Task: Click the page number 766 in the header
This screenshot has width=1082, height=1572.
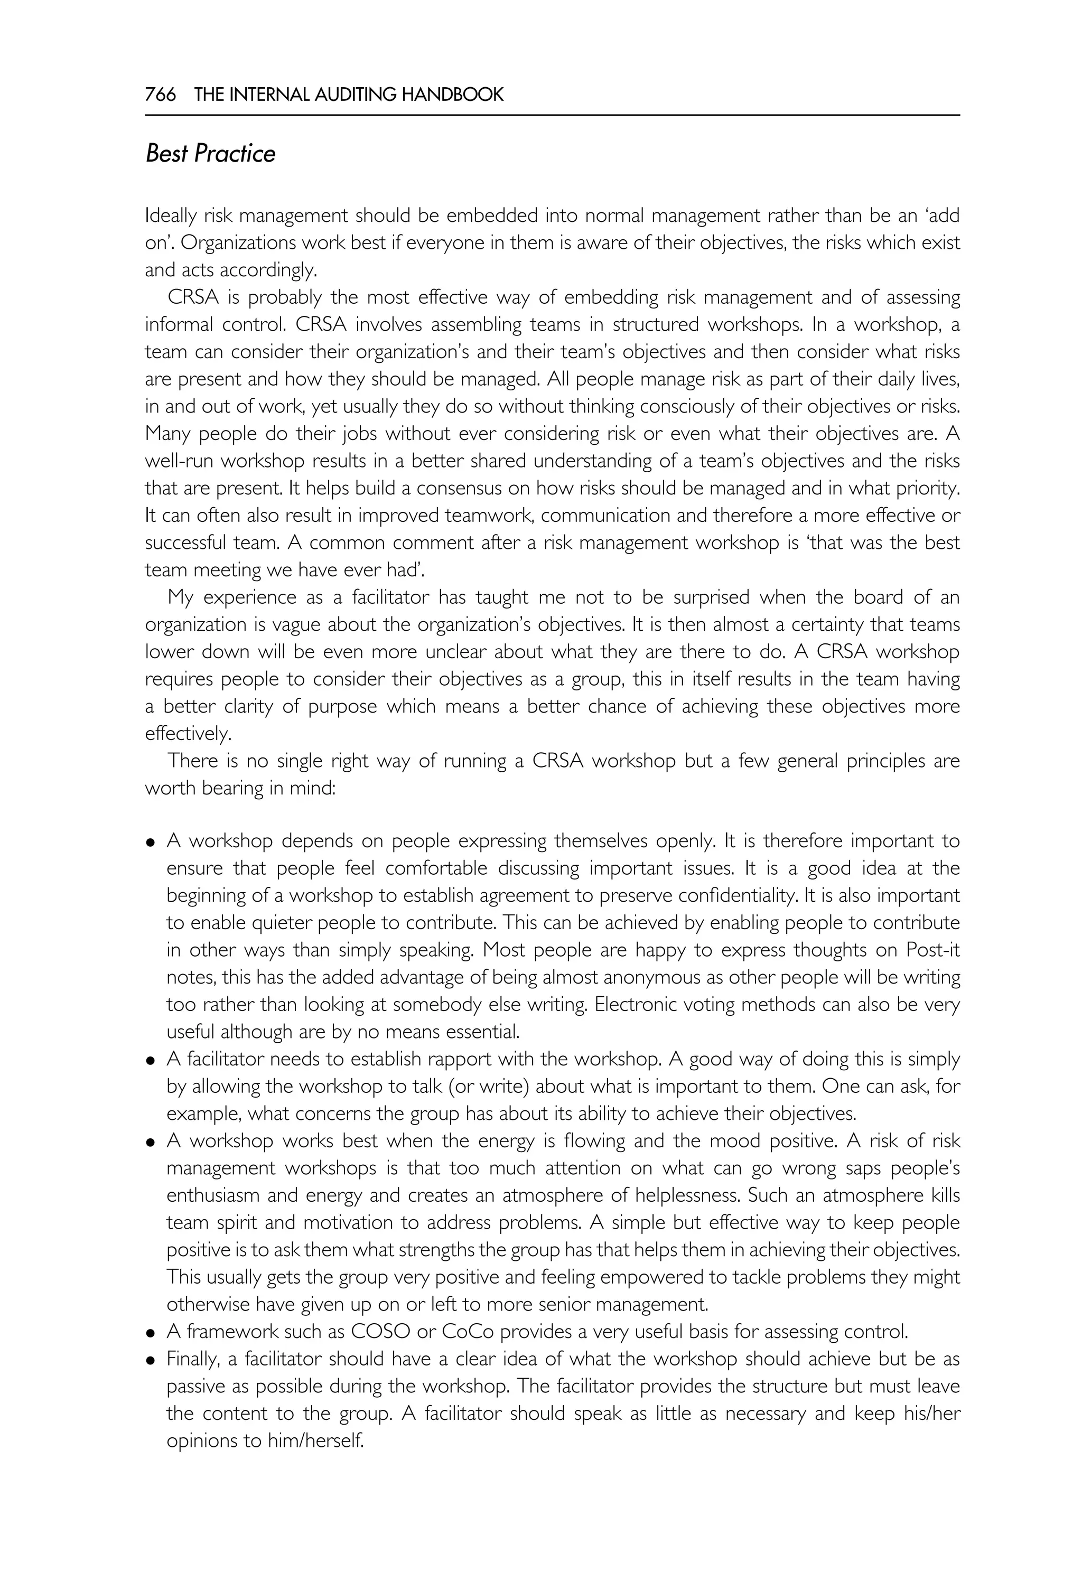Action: tap(160, 94)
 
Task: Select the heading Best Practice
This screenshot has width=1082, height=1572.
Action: tap(210, 154)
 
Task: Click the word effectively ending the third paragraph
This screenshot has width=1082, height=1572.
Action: tap(188, 734)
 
